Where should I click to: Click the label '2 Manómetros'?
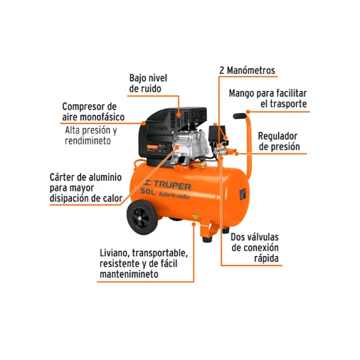tap(247, 70)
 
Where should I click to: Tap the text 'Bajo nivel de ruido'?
tap(148, 83)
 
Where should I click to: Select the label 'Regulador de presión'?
tap(279, 142)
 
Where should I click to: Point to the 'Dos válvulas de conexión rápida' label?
tap(255, 248)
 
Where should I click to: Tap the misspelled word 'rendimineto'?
tap(88, 141)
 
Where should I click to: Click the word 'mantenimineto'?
tap(129, 274)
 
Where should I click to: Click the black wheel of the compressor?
tap(142, 217)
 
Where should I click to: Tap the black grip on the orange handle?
tap(240, 116)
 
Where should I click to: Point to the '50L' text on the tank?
tap(147, 191)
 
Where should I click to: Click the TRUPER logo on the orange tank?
tap(168, 185)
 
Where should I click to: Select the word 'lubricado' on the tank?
tap(174, 196)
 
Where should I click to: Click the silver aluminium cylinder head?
tap(191, 145)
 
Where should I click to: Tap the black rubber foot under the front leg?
tap(207, 240)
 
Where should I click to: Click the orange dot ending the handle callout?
tap(248, 112)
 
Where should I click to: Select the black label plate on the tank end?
tap(243, 194)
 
